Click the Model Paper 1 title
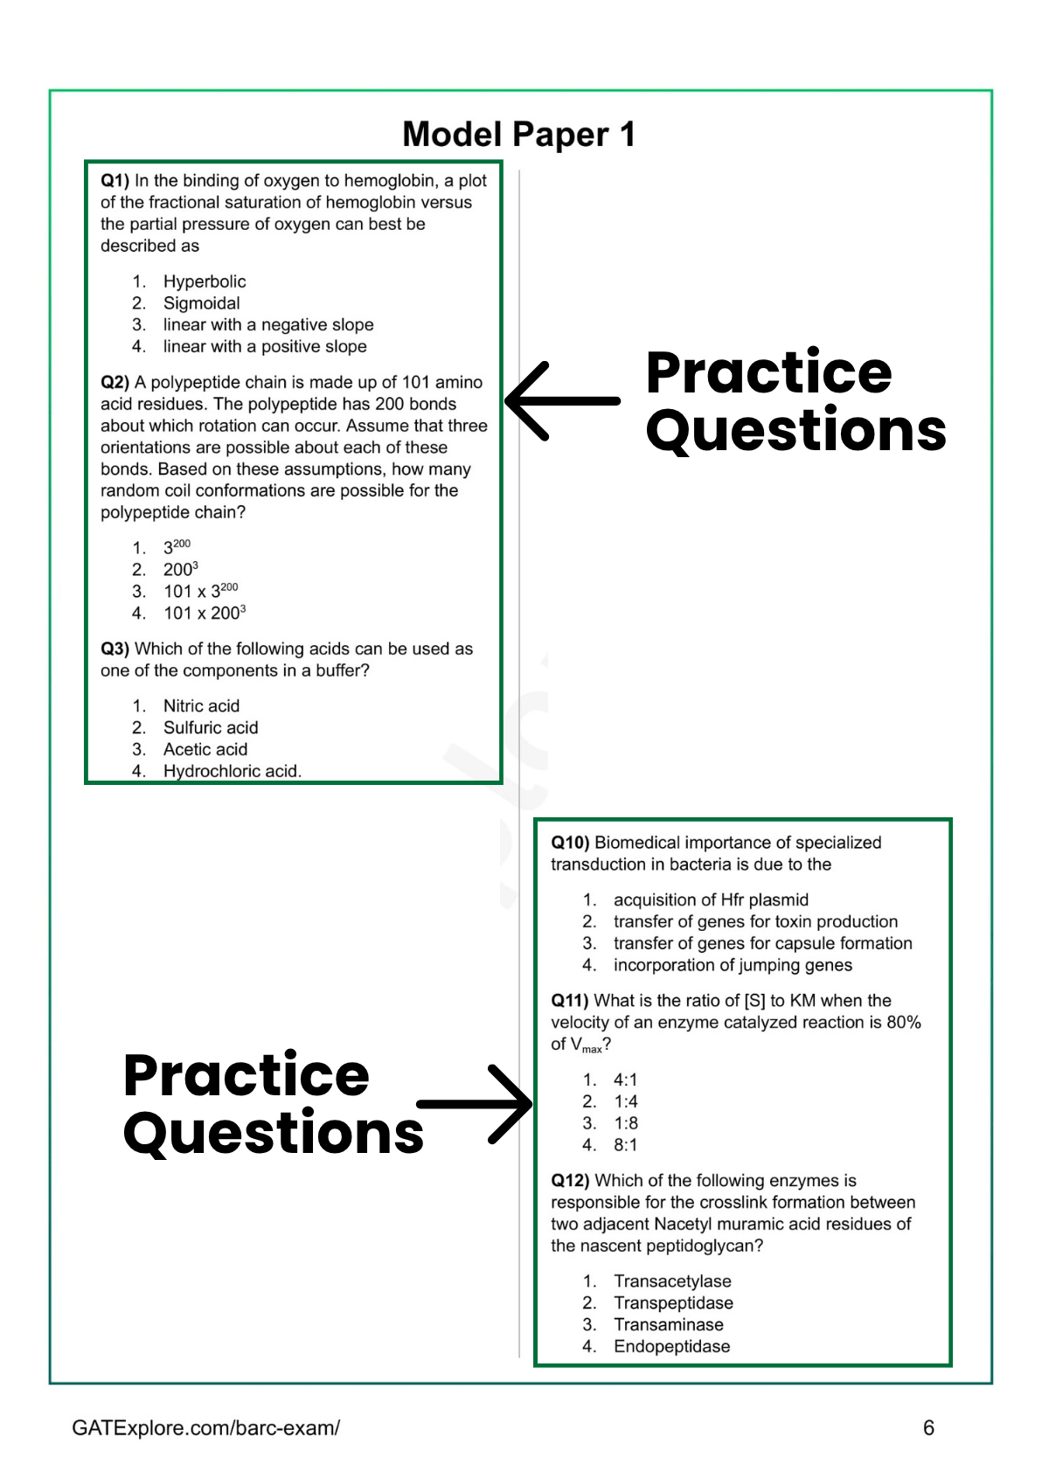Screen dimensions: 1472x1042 518,135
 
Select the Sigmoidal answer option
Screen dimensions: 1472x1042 201,303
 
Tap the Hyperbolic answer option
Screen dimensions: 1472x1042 205,281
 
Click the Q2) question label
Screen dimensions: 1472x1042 115,382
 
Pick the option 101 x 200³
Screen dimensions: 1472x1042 205,613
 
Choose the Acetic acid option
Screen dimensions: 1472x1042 205,749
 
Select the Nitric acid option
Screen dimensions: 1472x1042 201,705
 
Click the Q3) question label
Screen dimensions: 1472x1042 115,649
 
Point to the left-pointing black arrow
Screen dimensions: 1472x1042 562,401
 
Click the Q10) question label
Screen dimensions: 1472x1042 570,843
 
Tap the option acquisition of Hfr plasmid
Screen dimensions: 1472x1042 711,899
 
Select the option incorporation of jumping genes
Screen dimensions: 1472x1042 733,965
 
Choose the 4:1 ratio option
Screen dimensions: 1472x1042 625,1080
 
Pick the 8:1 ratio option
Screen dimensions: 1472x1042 625,1145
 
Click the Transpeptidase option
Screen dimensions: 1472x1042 673,1302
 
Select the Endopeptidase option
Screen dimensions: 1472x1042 671,1346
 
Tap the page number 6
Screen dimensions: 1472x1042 928,1427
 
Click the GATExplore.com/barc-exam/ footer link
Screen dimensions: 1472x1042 205,1427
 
